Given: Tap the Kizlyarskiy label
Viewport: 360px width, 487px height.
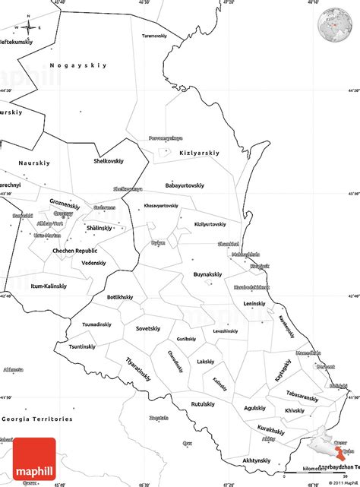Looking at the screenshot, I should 198,153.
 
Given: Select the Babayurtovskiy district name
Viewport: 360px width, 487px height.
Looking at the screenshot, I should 185,185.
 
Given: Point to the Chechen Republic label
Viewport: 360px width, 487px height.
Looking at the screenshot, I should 74,250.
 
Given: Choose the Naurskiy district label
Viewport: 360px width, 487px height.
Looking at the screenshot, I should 32,163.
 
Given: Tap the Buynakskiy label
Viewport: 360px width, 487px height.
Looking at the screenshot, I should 207,274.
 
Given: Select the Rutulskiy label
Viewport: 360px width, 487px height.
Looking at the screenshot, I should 206,403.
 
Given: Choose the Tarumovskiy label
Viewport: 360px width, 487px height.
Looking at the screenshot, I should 154,36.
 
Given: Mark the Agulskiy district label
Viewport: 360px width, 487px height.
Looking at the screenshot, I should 255,407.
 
